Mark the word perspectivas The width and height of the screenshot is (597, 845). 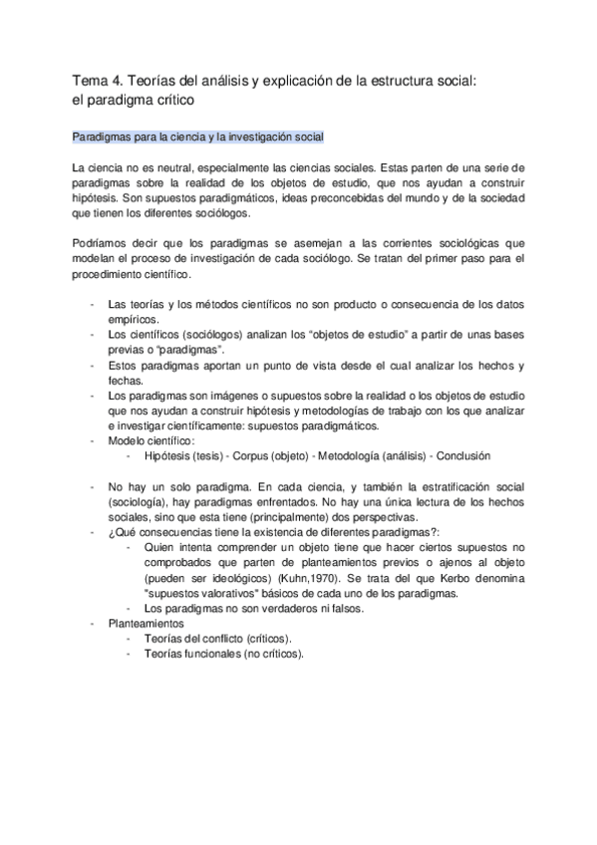[x=383, y=516]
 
